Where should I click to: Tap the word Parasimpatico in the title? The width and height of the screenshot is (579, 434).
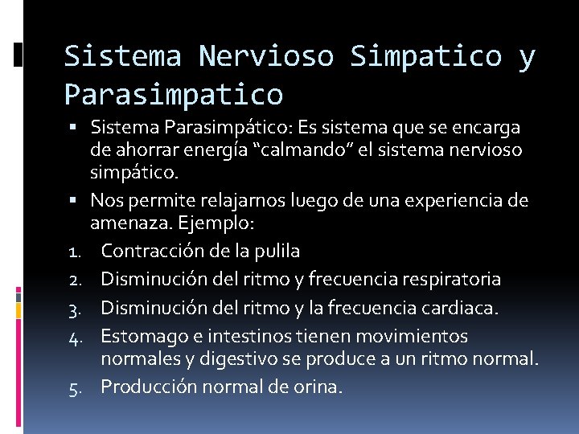click(x=174, y=94)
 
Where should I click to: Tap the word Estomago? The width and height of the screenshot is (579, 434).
click(x=138, y=335)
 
